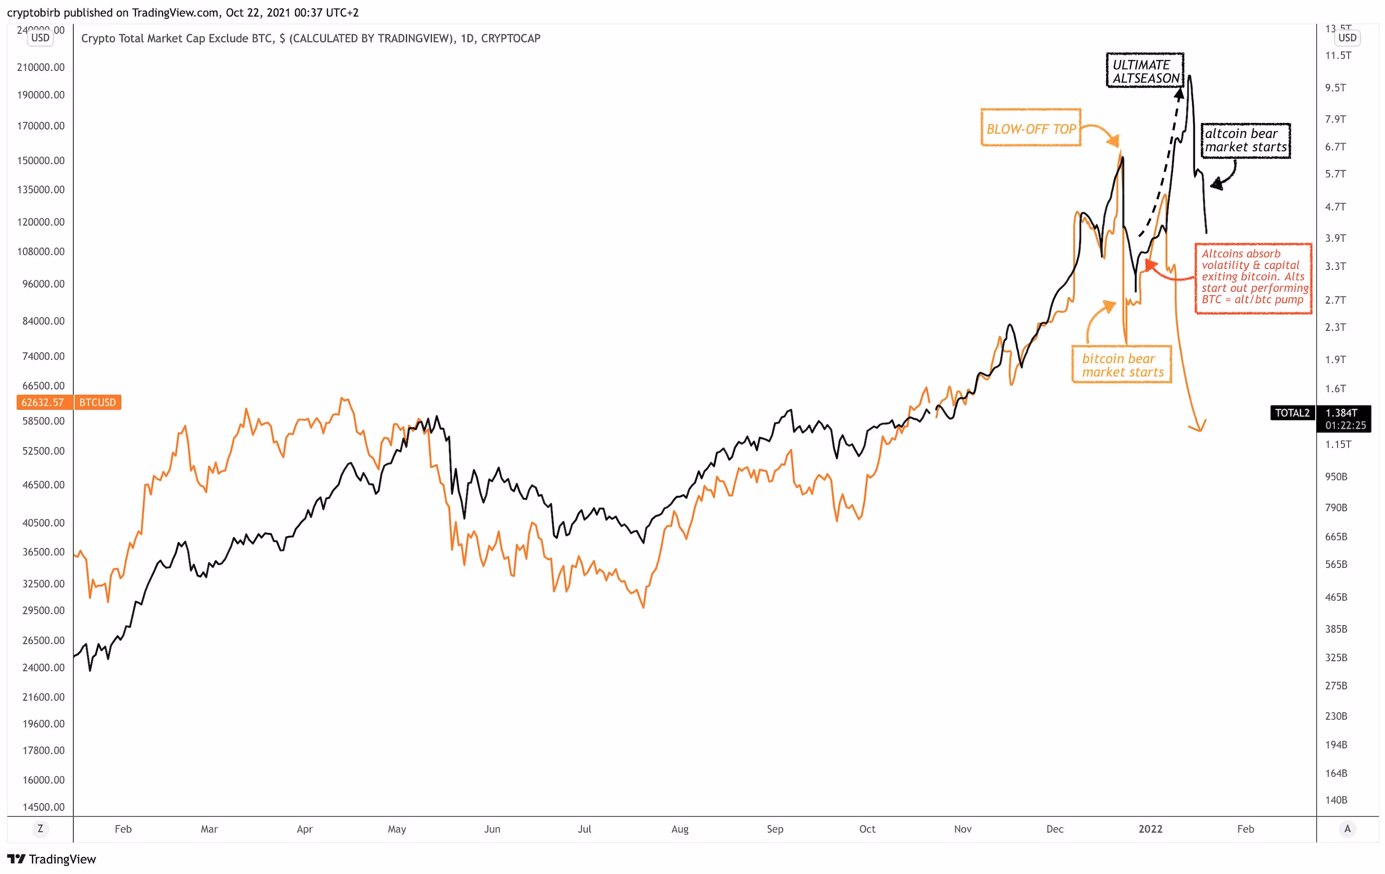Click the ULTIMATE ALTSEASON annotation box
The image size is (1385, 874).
(x=1144, y=71)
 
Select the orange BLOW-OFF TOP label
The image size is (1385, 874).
(x=1031, y=128)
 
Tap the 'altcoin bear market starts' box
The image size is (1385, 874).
(x=1245, y=140)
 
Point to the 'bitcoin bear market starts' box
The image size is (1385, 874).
(x=1121, y=364)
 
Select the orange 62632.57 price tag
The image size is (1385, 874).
(x=43, y=402)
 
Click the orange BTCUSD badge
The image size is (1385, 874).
(x=97, y=402)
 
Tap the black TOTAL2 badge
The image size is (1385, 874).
(x=1292, y=412)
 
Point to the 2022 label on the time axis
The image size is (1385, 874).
(x=1150, y=829)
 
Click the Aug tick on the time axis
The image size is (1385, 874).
(x=680, y=829)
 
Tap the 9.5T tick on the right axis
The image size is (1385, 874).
(x=1336, y=87)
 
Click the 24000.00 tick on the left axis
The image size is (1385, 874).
(x=43, y=667)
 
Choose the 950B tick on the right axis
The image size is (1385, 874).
(x=1336, y=476)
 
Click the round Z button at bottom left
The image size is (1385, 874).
(x=40, y=829)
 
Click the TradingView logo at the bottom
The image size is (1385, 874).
(x=52, y=859)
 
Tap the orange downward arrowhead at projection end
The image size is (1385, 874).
(x=1199, y=427)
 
